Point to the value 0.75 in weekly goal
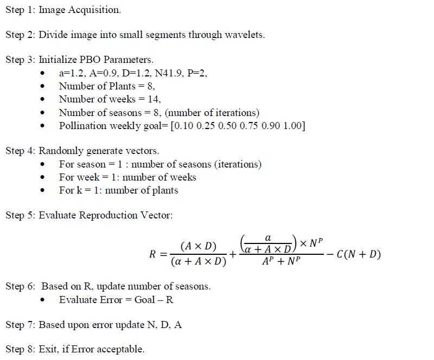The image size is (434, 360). pyautogui.click(x=240, y=126)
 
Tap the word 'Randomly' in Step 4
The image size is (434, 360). pyautogui.click(x=59, y=151)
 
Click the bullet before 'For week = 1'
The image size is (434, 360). pyautogui.click(x=43, y=178)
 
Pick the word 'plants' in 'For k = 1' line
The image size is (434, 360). pyautogui.click(x=165, y=190)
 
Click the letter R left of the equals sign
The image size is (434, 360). pyautogui.click(x=153, y=254)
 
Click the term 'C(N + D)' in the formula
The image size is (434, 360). pyautogui.click(x=359, y=254)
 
